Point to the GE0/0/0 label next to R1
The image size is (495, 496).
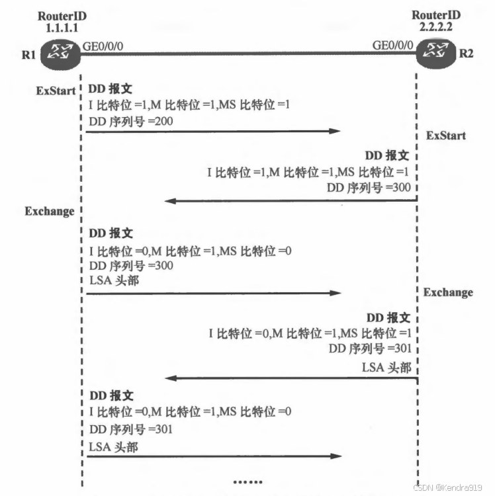[103, 46]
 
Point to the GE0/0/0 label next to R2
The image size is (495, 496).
[394, 46]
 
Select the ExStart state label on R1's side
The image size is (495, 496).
[56, 91]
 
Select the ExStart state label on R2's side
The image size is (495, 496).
[446, 136]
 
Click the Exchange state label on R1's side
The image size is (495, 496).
[50, 212]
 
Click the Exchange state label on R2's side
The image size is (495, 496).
[449, 292]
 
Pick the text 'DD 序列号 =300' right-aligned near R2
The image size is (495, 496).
[369, 187]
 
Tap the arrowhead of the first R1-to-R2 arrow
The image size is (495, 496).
[336, 132]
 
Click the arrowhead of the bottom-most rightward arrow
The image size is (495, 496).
[336, 456]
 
